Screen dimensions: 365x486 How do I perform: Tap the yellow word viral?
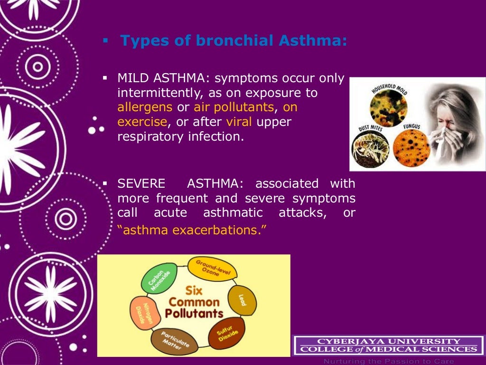pos(240,122)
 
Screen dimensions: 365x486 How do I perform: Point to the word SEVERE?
pos(141,183)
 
